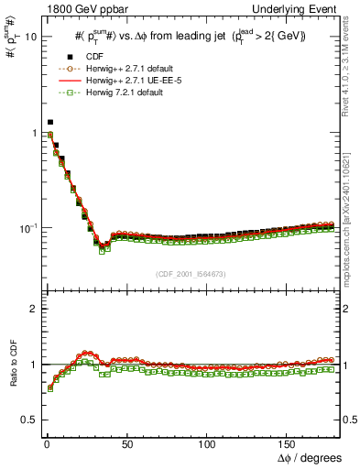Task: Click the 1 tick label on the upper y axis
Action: [x=33, y=133]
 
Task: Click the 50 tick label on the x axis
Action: [x=127, y=443]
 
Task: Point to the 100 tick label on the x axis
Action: [x=208, y=443]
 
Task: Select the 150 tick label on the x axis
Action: [x=289, y=443]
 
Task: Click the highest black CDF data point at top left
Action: [x=50, y=122]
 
